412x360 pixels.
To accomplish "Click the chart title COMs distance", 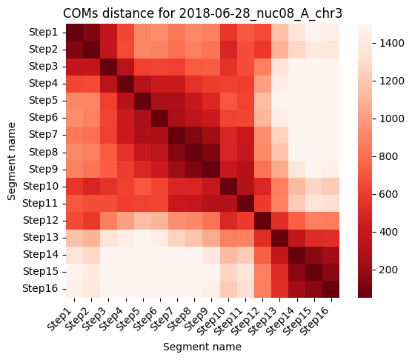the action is tap(109, 13).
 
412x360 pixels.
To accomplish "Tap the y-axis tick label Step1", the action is tap(44, 33).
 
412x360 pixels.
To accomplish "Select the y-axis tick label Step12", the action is tap(41, 220).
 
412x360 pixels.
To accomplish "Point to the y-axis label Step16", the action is tap(40, 289).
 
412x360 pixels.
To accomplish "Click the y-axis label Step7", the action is tap(44, 134).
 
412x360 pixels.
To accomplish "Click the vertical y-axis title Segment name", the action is tap(12, 161).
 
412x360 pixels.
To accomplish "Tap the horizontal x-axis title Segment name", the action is tap(202, 347).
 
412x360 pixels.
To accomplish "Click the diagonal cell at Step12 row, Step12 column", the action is tap(262, 221).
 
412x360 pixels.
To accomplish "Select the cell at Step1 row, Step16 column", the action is tap(330, 33).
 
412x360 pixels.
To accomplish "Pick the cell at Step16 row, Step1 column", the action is tap(74, 289).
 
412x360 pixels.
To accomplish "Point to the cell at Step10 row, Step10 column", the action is tap(228, 187).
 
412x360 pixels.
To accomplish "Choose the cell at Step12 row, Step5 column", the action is tap(143, 221).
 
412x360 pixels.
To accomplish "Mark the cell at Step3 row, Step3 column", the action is tap(108, 67).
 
